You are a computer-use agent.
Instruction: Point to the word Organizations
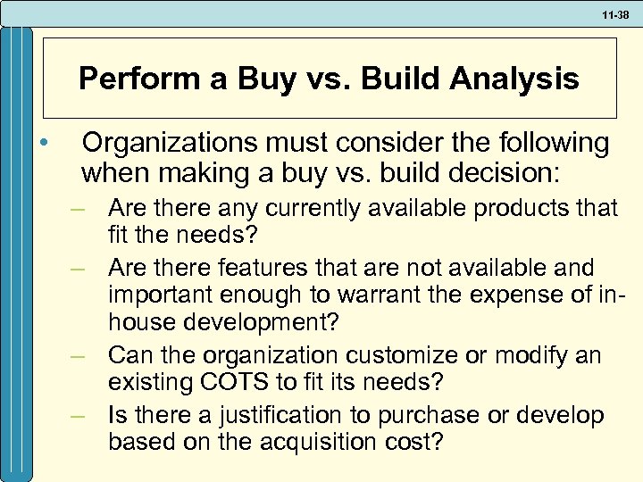pyautogui.click(x=167, y=143)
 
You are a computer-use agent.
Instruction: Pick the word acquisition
pyautogui.click(x=314, y=442)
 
